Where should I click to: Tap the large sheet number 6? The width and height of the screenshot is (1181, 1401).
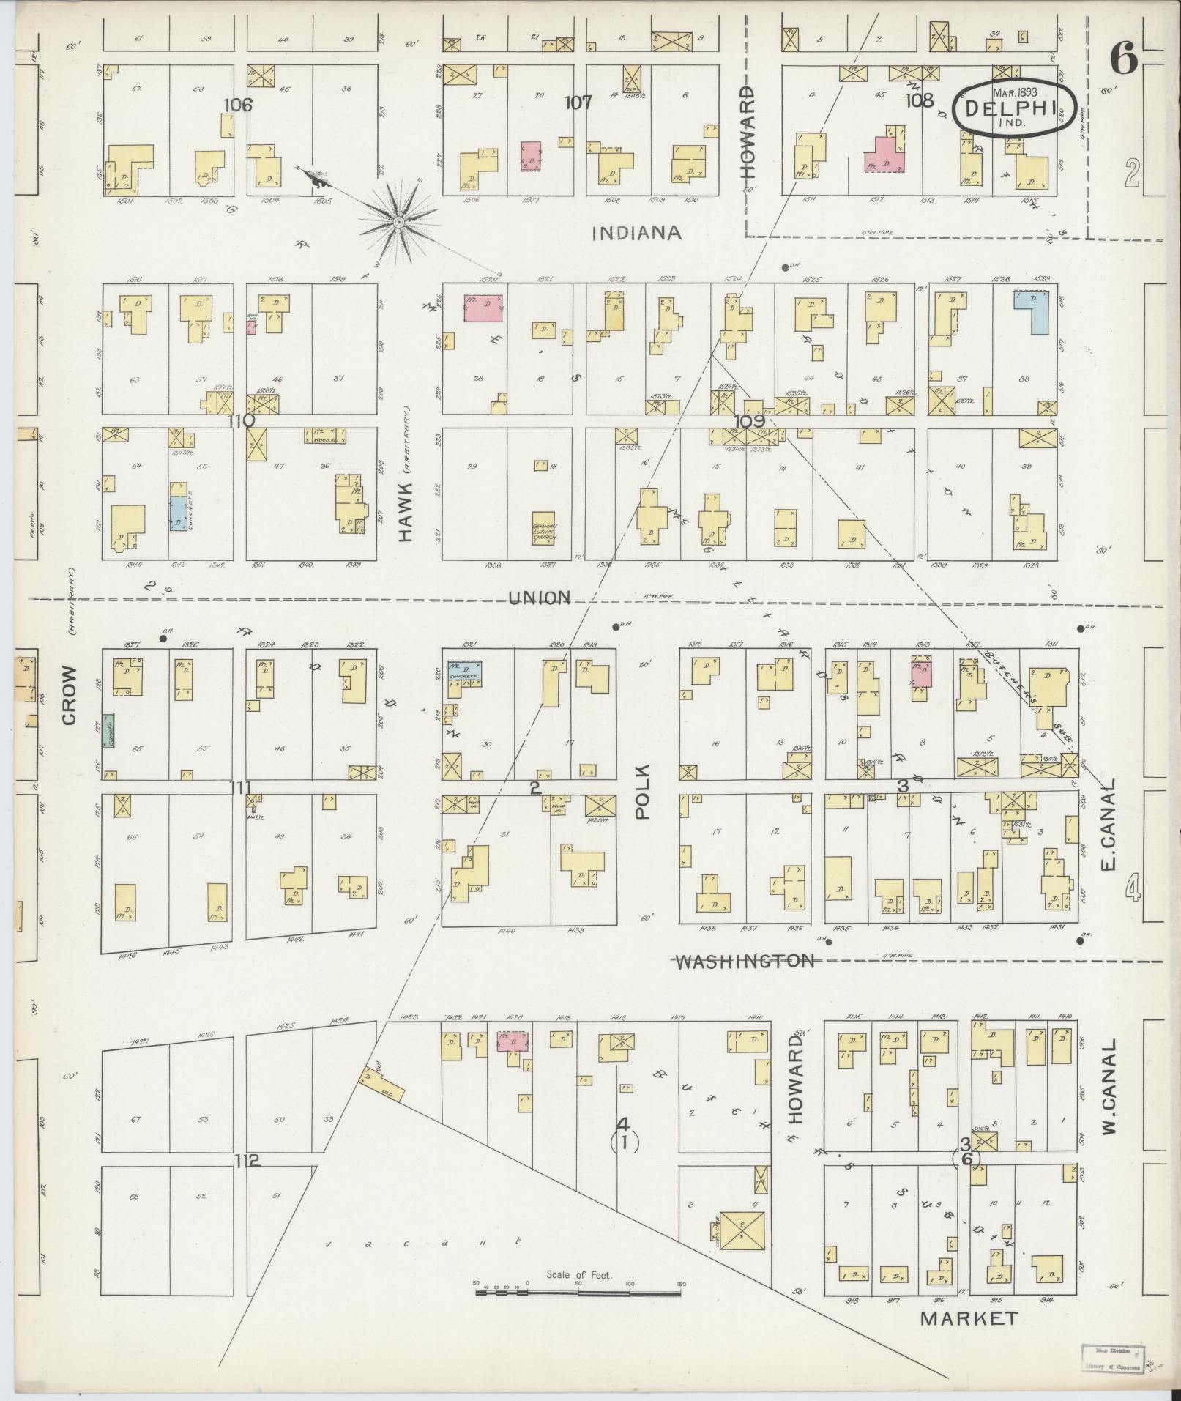click(x=1125, y=59)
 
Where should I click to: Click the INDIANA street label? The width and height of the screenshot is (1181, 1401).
click(x=636, y=233)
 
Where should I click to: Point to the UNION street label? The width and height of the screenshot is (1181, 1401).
click(x=540, y=598)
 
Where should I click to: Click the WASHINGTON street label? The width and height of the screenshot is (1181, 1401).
click(x=744, y=961)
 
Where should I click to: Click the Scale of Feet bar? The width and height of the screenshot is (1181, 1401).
click(x=578, y=1294)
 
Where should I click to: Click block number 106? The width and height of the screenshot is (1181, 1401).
click(x=238, y=105)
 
